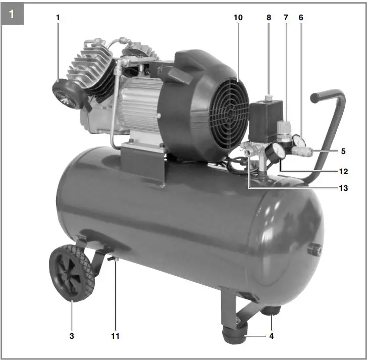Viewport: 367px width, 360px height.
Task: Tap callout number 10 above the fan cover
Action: [x=238, y=18]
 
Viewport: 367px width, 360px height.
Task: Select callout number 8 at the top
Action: [x=269, y=18]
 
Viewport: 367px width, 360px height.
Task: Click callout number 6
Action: [x=301, y=18]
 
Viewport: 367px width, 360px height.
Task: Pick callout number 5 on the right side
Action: [x=344, y=150]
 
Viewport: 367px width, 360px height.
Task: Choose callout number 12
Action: [x=344, y=172]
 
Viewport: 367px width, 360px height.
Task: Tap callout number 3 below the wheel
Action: [x=72, y=335]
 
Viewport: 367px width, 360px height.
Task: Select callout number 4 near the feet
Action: [x=272, y=335]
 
